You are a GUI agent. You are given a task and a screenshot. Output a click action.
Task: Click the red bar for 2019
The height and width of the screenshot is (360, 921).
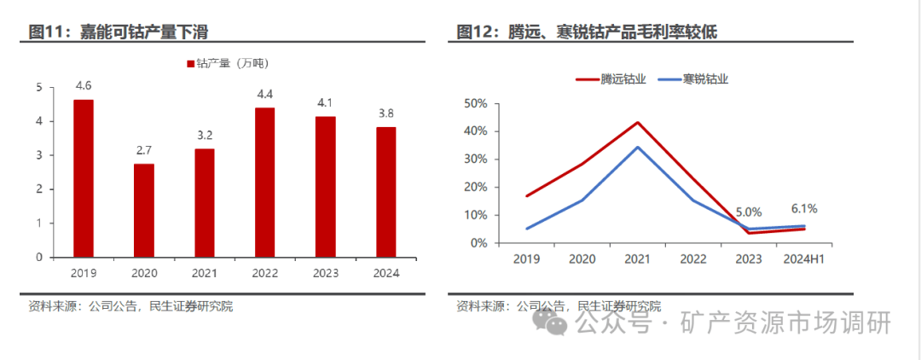click(84, 178)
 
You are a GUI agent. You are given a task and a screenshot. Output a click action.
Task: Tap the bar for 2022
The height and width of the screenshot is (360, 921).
click(265, 182)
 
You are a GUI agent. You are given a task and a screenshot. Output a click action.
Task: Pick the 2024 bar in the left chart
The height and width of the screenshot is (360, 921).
click(386, 192)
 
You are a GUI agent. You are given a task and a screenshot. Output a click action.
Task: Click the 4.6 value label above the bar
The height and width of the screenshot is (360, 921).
click(84, 85)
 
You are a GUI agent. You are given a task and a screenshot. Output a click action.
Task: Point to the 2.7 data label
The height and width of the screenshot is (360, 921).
click(144, 150)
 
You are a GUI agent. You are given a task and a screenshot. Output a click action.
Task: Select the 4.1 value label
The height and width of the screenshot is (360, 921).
click(326, 102)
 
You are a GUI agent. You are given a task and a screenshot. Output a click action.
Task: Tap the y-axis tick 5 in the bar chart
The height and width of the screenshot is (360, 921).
click(39, 87)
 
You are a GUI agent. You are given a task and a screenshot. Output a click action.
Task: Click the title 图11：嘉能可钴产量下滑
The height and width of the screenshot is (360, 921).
click(119, 32)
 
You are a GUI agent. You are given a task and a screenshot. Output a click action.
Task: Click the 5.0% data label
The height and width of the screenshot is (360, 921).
click(749, 212)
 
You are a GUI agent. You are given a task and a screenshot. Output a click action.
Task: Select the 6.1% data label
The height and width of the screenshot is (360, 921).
click(804, 207)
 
